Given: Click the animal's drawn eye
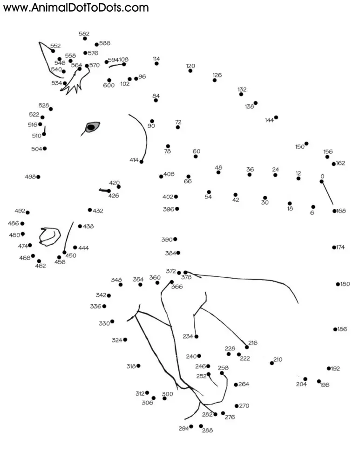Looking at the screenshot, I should click(92, 126).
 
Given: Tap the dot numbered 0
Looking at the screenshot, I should click(321, 181).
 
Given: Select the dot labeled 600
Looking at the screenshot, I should click(109, 80).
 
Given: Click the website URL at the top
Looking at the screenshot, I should click(76, 7).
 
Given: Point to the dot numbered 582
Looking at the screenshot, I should click(85, 38).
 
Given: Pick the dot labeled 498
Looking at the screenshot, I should click(38, 177).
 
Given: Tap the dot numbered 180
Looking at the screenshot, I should click(338, 284).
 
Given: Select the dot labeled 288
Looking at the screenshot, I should click(201, 426).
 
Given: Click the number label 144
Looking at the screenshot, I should click(269, 120).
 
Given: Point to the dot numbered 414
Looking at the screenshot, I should click(141, 162).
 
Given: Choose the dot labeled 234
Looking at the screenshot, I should click(196, 336).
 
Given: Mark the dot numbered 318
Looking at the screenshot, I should click(138, 366).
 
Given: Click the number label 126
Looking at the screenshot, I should click(217, 75).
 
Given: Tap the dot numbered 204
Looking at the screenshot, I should click(305, 379).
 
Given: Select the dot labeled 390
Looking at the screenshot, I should click(175, 239).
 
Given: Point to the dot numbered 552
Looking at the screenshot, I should click(53, 51).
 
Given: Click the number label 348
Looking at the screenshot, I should click(116, 280).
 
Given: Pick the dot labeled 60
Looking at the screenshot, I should click(196, 156).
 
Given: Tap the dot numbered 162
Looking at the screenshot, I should click(334, 164).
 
